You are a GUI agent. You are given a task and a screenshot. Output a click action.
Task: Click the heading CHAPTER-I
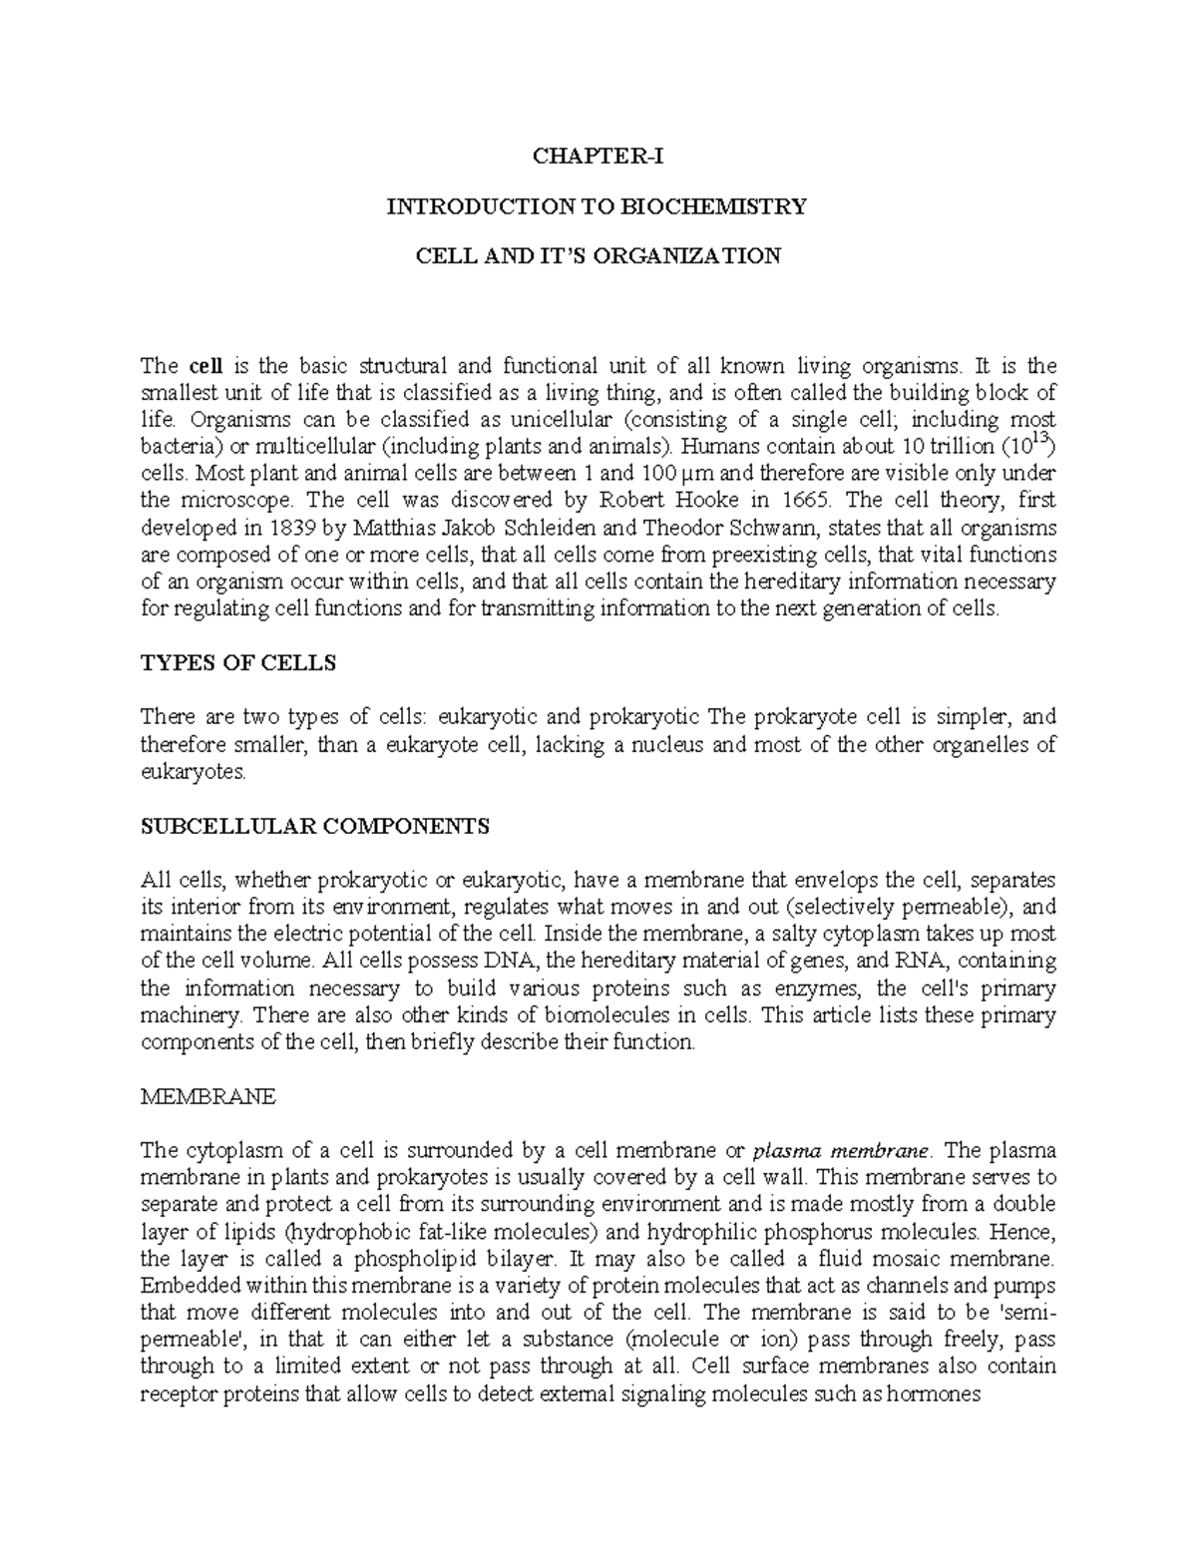(x=598, y=157)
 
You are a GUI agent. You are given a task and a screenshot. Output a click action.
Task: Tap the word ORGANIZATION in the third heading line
(x=699, y=256)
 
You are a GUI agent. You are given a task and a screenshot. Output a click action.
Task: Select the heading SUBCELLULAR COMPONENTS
(x=315, y=826)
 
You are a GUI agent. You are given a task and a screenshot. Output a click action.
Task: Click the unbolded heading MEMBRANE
(x=207, y=1097)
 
